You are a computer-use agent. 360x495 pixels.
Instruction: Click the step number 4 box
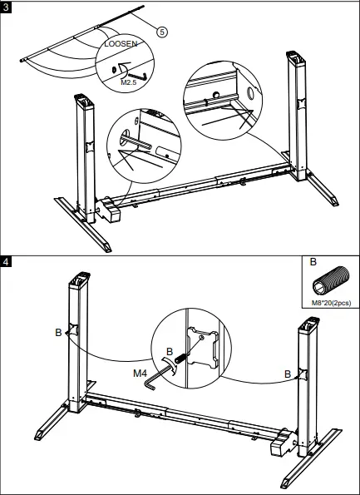tap(7, 260)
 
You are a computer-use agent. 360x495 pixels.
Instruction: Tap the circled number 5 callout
tap(161, 32)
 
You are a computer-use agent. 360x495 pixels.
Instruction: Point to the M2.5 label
tap(128, 83)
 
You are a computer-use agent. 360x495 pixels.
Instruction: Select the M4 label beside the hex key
tap(141, 373)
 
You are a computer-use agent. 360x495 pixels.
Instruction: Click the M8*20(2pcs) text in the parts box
tap(330, 303)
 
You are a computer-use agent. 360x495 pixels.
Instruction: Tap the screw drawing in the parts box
tap(329, 281)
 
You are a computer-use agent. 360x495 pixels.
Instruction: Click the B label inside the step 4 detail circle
tap(170, 352)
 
